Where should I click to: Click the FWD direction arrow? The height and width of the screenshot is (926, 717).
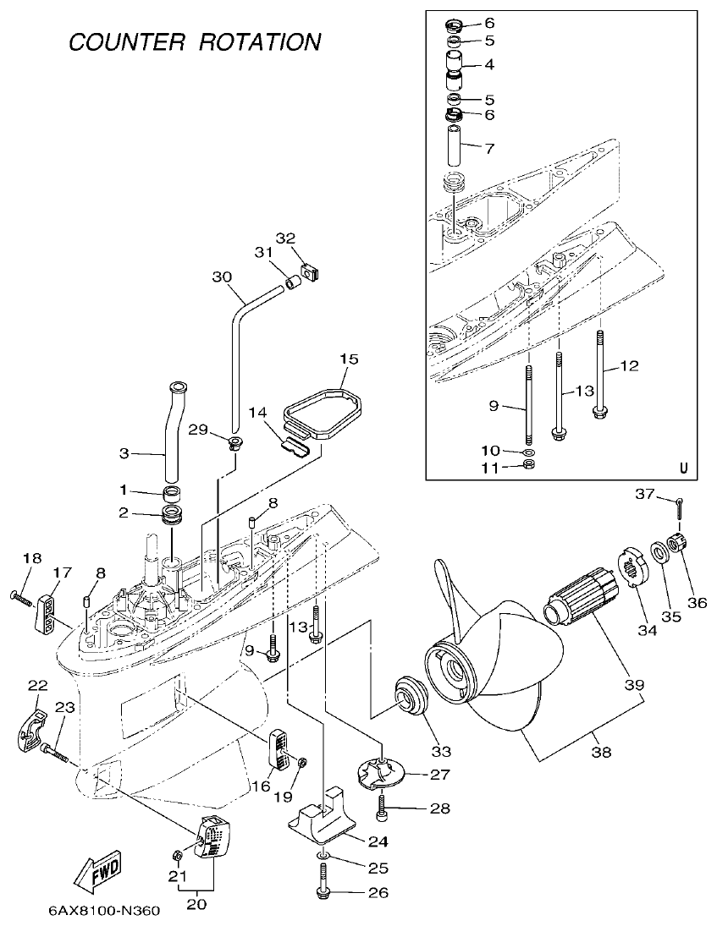(x=98, y=871)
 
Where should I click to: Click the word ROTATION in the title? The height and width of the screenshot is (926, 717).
(x=260, y=41)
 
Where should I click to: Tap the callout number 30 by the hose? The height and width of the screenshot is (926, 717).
(x=222, y=277)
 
